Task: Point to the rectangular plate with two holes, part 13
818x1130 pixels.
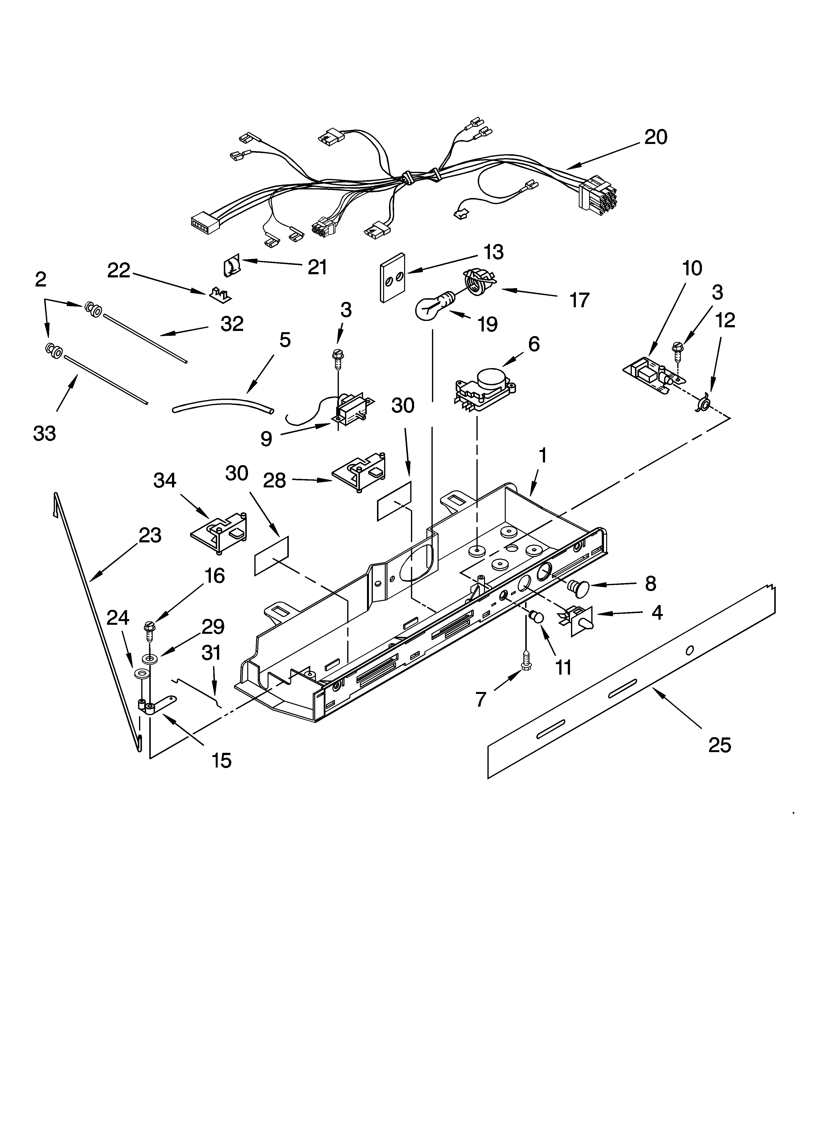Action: coord(392,277)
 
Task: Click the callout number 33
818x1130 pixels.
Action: coord(44,433)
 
